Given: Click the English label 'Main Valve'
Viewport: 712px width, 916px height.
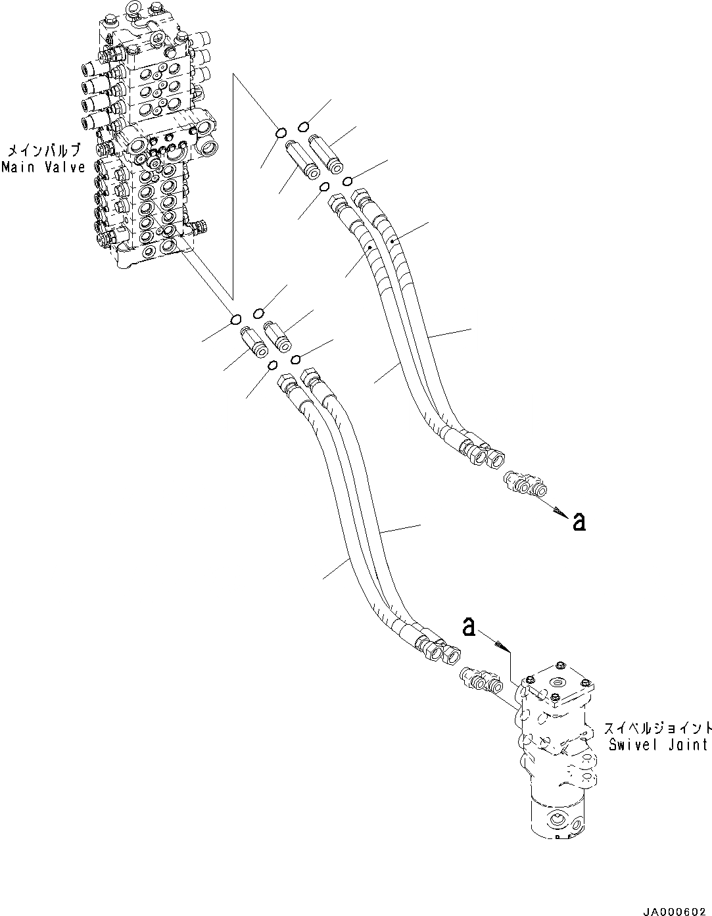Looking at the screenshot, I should (43, 167).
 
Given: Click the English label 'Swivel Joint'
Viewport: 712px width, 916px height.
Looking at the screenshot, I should (658, 744).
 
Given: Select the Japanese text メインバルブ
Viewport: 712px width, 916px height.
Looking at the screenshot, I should (43, 150).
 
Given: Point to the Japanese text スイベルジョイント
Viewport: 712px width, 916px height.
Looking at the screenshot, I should (657, 729).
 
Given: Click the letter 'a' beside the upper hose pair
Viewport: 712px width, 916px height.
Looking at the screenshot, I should (579, 521).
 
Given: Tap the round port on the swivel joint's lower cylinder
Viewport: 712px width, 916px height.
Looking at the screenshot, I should (556, 820).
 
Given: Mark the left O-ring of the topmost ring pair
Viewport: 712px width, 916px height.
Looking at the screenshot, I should (280, 133).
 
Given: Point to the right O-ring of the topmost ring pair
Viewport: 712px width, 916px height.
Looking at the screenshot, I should (304, 126).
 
